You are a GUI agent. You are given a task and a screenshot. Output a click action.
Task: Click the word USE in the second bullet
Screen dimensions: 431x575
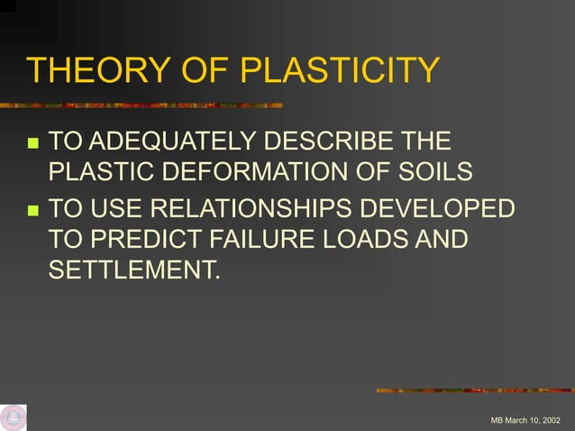click(x=115, y=210)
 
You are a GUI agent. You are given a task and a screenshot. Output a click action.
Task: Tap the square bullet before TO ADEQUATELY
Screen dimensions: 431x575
click(x=32, y=143)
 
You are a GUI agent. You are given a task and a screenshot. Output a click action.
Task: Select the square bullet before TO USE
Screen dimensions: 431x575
click(x=32, y=211)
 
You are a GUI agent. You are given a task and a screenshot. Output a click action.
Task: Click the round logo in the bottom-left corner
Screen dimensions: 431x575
click(x=14, y=417)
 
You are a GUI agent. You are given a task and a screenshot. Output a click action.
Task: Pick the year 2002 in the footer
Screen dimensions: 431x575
click(x=546, y=421)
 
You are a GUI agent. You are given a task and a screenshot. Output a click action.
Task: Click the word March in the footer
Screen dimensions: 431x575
click(x=516, y=421)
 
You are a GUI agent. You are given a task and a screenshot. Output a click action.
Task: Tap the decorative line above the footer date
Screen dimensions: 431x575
click(x=474, y=390)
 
